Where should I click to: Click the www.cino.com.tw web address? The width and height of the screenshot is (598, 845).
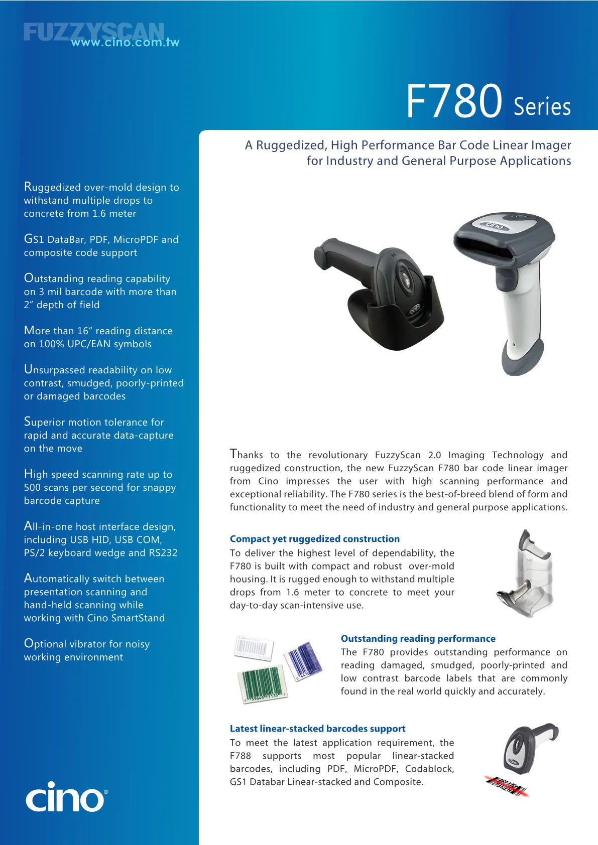point(125,42)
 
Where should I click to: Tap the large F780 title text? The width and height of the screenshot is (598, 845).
point(454,101)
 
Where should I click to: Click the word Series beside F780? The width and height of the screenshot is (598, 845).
point(542,107)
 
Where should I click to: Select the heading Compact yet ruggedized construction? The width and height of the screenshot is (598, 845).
point(315,539)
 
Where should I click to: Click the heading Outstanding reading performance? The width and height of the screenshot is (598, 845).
point(418,638)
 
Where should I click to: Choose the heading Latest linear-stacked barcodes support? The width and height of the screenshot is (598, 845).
point(317,729)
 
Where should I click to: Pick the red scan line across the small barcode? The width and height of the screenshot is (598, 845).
point(507,786)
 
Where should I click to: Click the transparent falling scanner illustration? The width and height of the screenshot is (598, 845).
point(525,574)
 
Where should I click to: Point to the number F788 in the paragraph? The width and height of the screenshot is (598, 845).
point(241,756)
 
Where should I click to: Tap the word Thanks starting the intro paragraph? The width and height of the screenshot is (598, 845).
point(246,454)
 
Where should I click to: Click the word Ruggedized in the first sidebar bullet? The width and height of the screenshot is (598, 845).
point(53,187)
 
